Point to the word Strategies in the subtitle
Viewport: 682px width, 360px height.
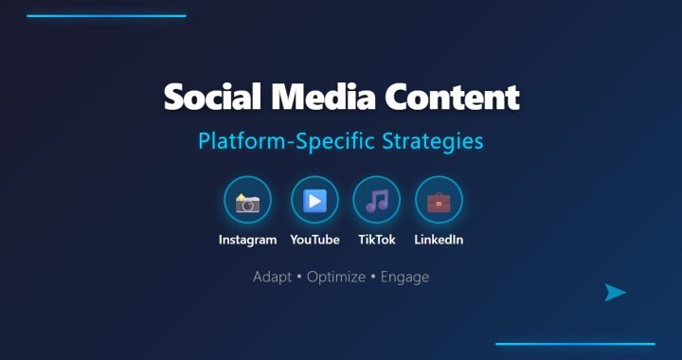[x=433, y=141]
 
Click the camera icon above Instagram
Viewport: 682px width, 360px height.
[x=247, y=203]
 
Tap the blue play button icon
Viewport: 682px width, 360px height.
[x=314, y=201]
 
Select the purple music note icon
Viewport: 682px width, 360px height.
[x=377, y=201]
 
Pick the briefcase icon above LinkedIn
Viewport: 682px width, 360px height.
[x=439, y=202]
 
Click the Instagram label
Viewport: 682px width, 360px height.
[x=247, y=240]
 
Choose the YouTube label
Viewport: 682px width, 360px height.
[x=314, y=240]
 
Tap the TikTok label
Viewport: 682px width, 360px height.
[x=377, y=240]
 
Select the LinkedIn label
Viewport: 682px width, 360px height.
[x=439, y=240]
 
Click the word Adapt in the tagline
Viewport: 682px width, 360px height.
[x=272, y=277]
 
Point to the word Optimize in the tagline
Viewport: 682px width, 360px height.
[x=336, y=277]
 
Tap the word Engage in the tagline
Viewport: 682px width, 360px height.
[x=405, y=277]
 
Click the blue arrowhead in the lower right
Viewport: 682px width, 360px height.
[x=615, y=292]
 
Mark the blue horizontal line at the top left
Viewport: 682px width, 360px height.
[x=106, y=16]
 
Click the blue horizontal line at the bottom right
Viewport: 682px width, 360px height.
[x=576, y=344]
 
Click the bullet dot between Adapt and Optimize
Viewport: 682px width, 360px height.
[x=299, y=278]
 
